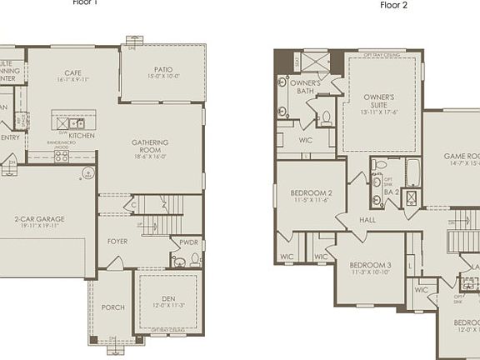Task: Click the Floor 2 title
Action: pyautogui.click(x=395, y=4)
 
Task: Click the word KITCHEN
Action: pyautogui.click(x=82, y=135)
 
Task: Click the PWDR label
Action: pyautogui.click(x=188, y=242)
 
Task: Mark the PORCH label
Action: pyautogui.click(x=112, y=307)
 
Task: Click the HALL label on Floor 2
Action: pyautogui.click(x=368, y=221)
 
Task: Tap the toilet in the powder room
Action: pyautogui.click(x=194, y=259)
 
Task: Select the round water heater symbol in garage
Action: pyautogui.click(x=87, y=174)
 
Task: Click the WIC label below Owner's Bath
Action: pyautogui.click(x=305, y=139)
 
